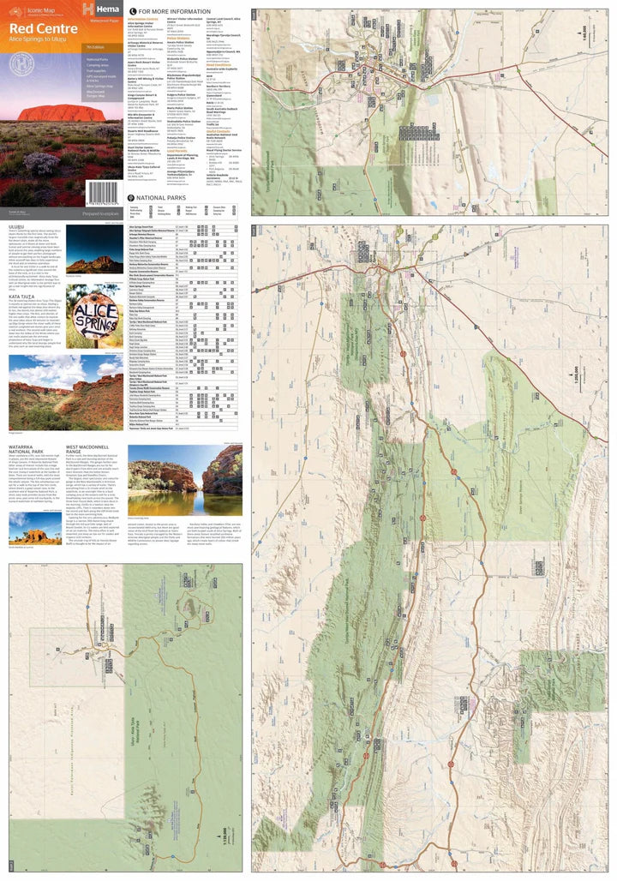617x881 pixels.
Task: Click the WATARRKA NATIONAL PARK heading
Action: (x=27, y=450)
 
